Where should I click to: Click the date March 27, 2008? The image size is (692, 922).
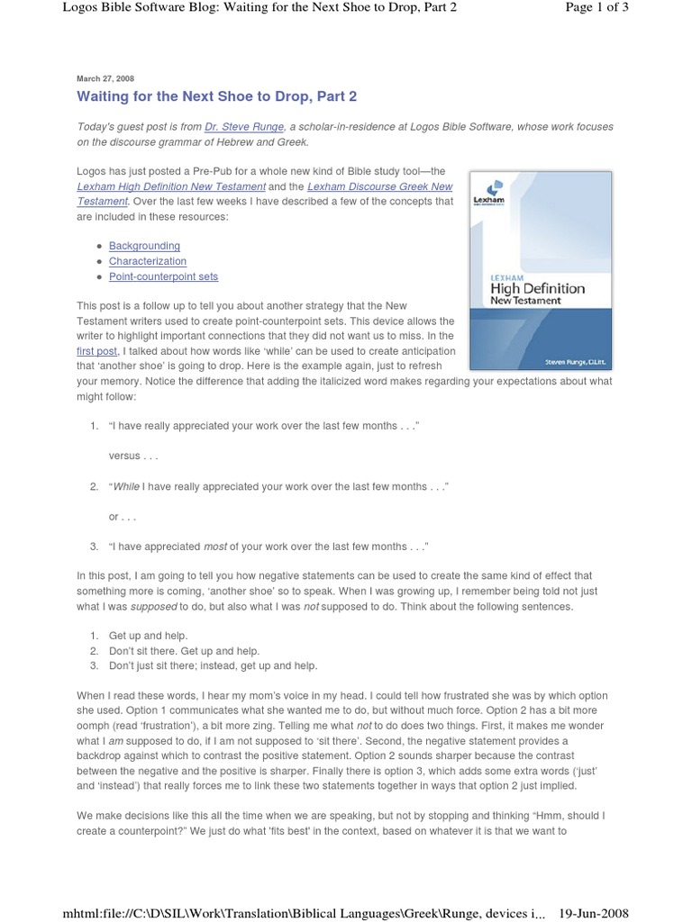pos(105,78)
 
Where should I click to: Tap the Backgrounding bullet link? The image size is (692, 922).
pos(144,246)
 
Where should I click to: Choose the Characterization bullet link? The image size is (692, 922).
pos(148,261)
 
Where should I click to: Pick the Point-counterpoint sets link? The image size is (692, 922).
pos(163,276)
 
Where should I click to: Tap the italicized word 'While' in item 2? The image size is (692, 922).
pos(126,486)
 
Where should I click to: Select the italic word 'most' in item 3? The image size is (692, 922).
pos(214,547)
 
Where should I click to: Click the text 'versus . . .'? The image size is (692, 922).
pos(133,456)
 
